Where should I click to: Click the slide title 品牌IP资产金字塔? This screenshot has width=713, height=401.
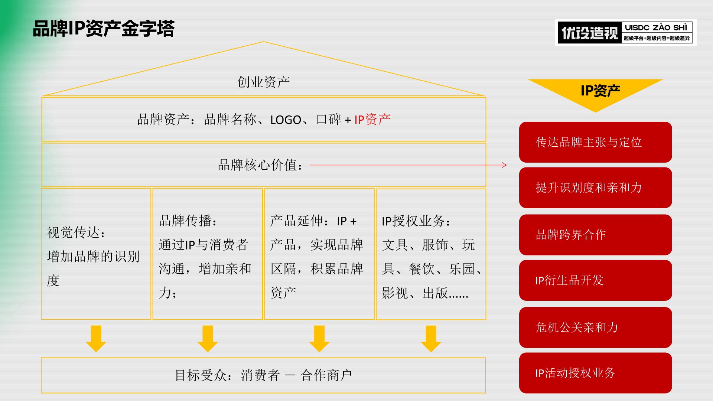pyautogui.click(x=104, y=29)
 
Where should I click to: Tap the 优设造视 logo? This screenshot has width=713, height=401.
pyautogui.click(x=625, y=33)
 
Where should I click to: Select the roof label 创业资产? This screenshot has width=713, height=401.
pyautogui.click(x=263, y=82)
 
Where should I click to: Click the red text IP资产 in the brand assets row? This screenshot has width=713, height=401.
pyautogui.click(x=372, y=120)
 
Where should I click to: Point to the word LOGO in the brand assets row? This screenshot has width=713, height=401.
pyautogui.click(x=286, y=120)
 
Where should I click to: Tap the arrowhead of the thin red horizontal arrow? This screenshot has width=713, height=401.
pyautogui.click(x=504, y=165)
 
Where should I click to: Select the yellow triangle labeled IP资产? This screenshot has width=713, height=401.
pyautogui.click(x=596, y=93)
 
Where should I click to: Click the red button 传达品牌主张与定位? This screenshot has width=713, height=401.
pyautogui.click(x=595, y=142)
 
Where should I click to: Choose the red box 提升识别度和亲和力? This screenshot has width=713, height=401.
pyautogui.click(x=595, y=188)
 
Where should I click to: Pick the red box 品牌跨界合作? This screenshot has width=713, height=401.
pyautogui.click(x=595, y=235)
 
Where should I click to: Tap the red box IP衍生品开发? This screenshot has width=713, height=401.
pyautogui.click(x=595, y=280)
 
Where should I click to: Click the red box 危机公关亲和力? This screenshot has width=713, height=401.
pyautogui.click(x=595, y=327)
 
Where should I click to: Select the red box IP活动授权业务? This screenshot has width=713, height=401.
pyautogui.click(x=595, y=373)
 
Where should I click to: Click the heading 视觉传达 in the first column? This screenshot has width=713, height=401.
pyautogui.click(x=74, y=233)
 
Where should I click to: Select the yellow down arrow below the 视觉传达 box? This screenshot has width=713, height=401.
pyautogui.click(x=96, y=339)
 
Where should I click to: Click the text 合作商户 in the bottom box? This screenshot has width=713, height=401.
pyautogui.click(x=326, y=375)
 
